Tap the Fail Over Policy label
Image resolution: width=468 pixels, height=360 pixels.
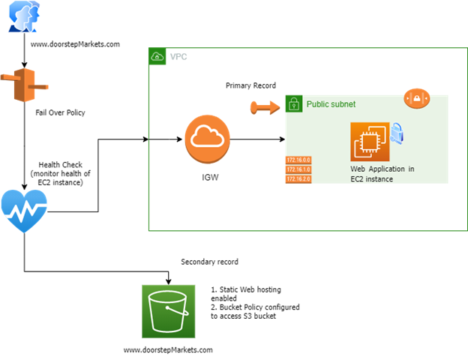pos(61,113)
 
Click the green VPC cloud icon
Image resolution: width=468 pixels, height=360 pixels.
pos(157,56)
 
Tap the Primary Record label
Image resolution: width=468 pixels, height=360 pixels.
pos(250,85)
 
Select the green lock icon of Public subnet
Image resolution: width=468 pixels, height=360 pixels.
pos(293,103)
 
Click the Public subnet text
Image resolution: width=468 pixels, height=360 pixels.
pos(331,104)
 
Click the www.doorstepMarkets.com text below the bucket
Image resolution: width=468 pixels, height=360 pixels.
pos(168,350)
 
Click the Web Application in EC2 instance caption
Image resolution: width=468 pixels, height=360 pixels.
pos(382,174)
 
